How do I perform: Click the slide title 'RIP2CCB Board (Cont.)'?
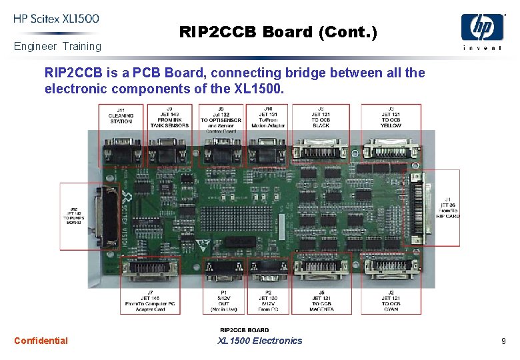coord(278,31)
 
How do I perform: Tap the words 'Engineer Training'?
coord(57,46)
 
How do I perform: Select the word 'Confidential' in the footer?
coord(41,341)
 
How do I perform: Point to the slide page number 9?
coord(503,341)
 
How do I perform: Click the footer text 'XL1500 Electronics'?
coord(259,341)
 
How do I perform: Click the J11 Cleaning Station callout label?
coord(121,115)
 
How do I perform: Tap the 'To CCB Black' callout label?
coord(321,117)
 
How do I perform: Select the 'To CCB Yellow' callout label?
coord(391,117)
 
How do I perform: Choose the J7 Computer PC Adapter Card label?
coord(150,301)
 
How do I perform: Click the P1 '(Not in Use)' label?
coord(223,302)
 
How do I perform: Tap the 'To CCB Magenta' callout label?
coord(321,302)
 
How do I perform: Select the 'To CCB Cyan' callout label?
coord(391,302)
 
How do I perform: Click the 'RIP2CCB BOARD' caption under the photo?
coord(245,329)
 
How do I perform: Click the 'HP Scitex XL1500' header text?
coord(56,19)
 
